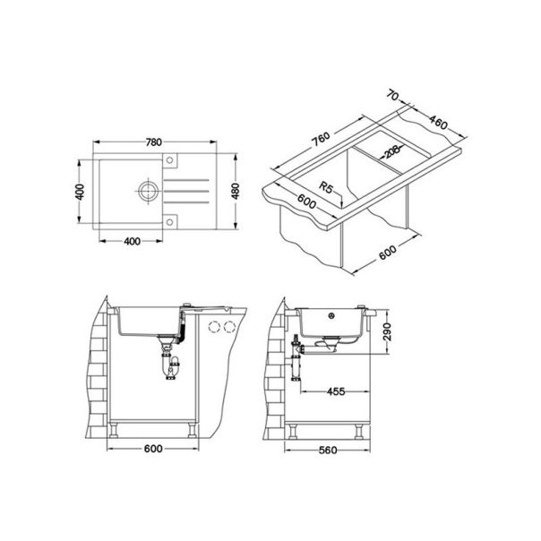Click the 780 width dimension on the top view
153,142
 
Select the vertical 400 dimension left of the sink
79,193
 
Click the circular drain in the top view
146,190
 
